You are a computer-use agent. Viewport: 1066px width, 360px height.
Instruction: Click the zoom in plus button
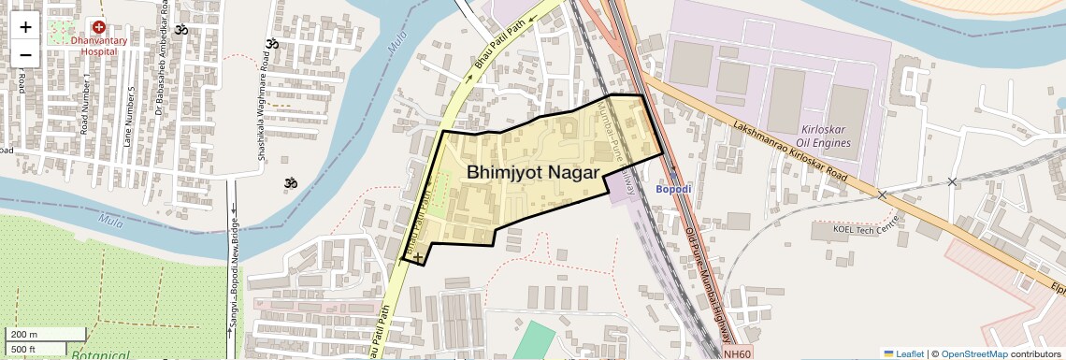click(25, 26)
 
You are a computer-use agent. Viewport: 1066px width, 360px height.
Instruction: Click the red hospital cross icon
click(98, 28)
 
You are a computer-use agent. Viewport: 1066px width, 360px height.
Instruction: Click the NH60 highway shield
click(737, 353)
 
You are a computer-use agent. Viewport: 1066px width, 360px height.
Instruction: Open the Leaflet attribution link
click(904, 353)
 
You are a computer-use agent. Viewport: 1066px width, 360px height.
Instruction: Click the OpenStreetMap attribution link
click(973, 353)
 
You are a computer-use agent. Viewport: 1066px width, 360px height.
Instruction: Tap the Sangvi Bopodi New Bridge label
click(232, 271)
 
